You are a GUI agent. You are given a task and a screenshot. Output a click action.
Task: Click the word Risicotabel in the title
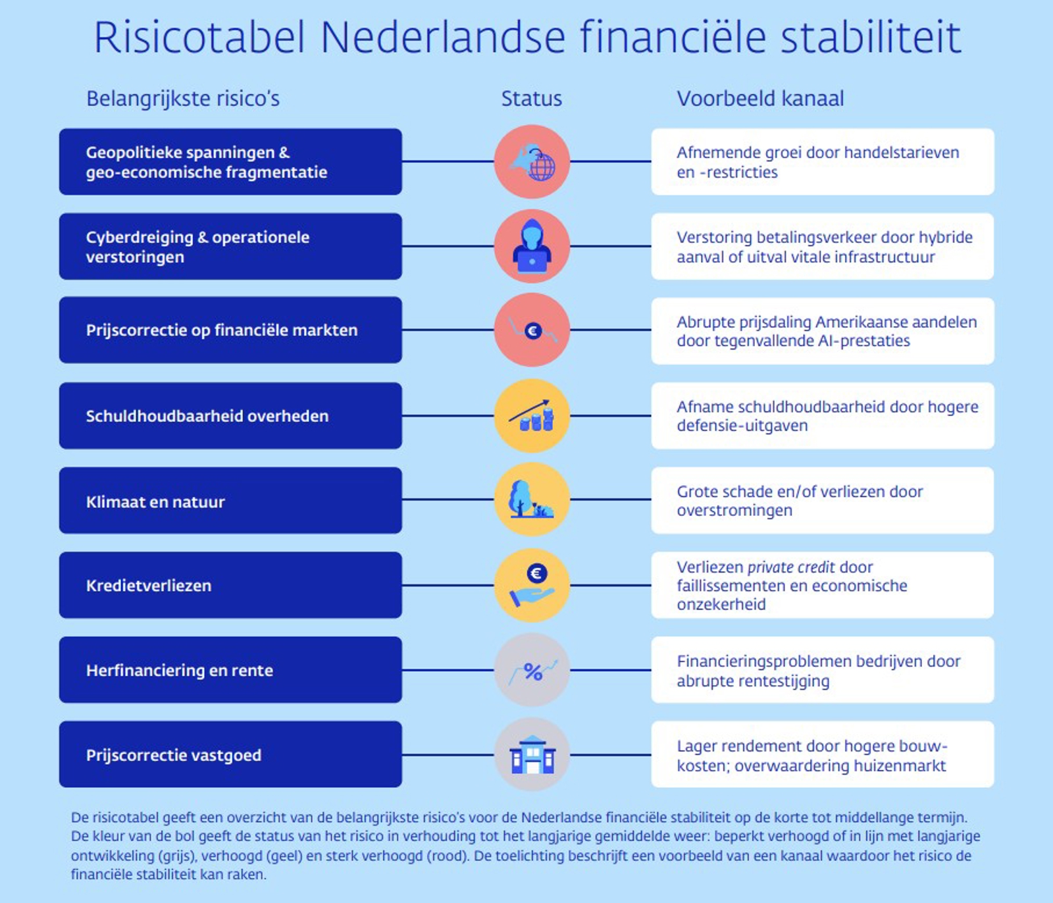199,38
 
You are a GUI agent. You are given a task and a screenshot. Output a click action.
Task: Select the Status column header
531,99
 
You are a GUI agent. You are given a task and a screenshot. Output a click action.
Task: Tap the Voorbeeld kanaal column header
760,99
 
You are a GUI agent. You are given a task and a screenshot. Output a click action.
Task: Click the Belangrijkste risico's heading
183,99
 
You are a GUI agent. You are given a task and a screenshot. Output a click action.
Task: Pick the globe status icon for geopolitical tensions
532,162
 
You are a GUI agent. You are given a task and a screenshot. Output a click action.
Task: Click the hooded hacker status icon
532,246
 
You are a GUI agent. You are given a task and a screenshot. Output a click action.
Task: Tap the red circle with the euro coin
532,330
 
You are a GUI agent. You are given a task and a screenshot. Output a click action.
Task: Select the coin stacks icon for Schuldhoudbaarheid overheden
532,416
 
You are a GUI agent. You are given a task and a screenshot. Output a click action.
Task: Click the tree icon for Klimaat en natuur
532,500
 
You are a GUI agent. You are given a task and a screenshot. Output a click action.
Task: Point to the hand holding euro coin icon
532,585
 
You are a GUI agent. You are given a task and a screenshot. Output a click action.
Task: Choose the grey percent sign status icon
532,670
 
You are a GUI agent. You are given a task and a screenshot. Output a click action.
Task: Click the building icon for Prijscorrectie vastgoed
532,755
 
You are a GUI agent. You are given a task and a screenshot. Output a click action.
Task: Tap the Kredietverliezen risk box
230,585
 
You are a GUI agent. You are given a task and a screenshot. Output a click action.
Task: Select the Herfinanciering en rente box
230,670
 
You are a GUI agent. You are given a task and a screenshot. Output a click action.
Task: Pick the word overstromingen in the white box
734,511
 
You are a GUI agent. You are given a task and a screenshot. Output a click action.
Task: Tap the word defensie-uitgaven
742,426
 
